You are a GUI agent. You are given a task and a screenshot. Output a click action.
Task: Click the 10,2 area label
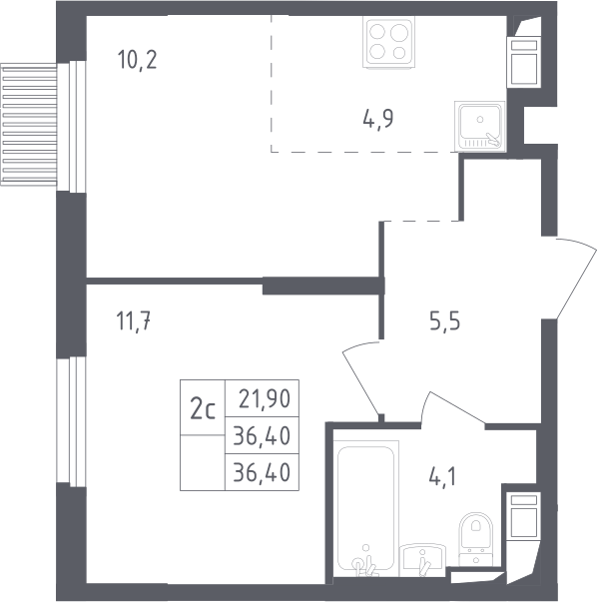[x=138, y=60]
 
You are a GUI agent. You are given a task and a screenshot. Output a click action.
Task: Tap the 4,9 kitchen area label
[x=378, y=119]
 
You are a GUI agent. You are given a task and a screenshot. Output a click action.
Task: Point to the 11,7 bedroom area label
[x=133, y=320]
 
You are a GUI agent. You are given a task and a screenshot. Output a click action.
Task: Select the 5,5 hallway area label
[x=444, y=321]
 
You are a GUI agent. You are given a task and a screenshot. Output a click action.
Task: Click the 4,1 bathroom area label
[x=442, y=477]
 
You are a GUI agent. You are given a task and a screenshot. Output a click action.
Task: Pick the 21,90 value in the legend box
[x=265, y=399]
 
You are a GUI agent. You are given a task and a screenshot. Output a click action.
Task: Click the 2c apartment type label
[x=203, y=409]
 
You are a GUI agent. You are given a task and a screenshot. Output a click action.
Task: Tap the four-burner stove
[x=388, y=42]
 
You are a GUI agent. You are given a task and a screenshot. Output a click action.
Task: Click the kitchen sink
[x=480, y=126]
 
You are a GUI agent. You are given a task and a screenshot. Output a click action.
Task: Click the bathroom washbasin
[x=422, y=560]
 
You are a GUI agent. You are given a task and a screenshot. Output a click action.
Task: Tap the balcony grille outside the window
[x=29, y=125]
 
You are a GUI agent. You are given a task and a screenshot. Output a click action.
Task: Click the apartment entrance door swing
[x=570, y=278]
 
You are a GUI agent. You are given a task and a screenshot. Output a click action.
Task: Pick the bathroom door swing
[x=453, y=408]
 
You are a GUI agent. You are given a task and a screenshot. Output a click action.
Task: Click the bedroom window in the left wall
[x=71, y=421]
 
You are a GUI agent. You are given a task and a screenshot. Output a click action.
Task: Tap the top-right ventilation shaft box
[x=524, y=62]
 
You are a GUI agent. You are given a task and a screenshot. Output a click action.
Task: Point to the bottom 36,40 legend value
[x=262, y=472]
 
